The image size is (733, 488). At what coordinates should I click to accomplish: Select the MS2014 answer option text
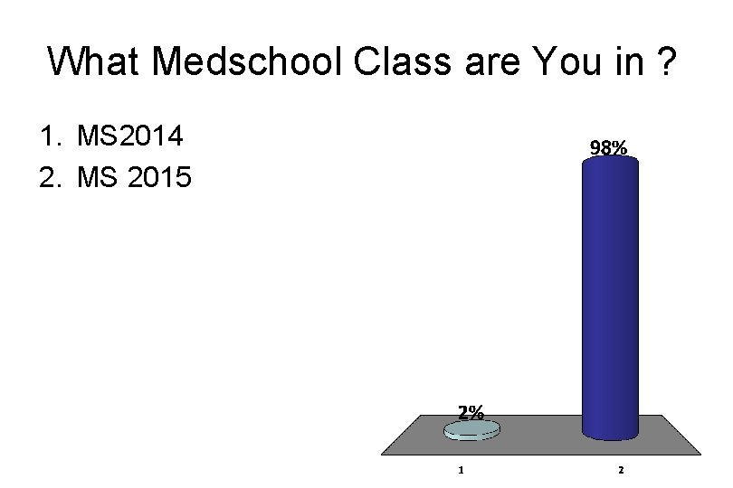(x=130, y=137)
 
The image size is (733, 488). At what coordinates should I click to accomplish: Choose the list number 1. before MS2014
(x=51, y=137)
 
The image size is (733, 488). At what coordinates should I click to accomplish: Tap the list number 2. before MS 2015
(x=51, y=177)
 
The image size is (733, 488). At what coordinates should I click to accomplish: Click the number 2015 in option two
(x=158, y=177)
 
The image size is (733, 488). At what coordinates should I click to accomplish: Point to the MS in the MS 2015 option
(x=98, y=177)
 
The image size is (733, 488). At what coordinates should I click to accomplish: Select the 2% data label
(x=470, y=412)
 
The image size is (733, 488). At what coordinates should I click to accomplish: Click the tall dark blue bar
(x=610, y=298)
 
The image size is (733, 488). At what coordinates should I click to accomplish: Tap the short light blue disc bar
(x=471, y=431)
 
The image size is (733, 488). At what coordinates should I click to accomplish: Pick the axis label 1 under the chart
(x=462, y=470)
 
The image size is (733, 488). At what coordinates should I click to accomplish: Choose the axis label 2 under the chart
(x=622, y=470)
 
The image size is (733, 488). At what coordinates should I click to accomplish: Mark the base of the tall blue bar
(x=610, y=432)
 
